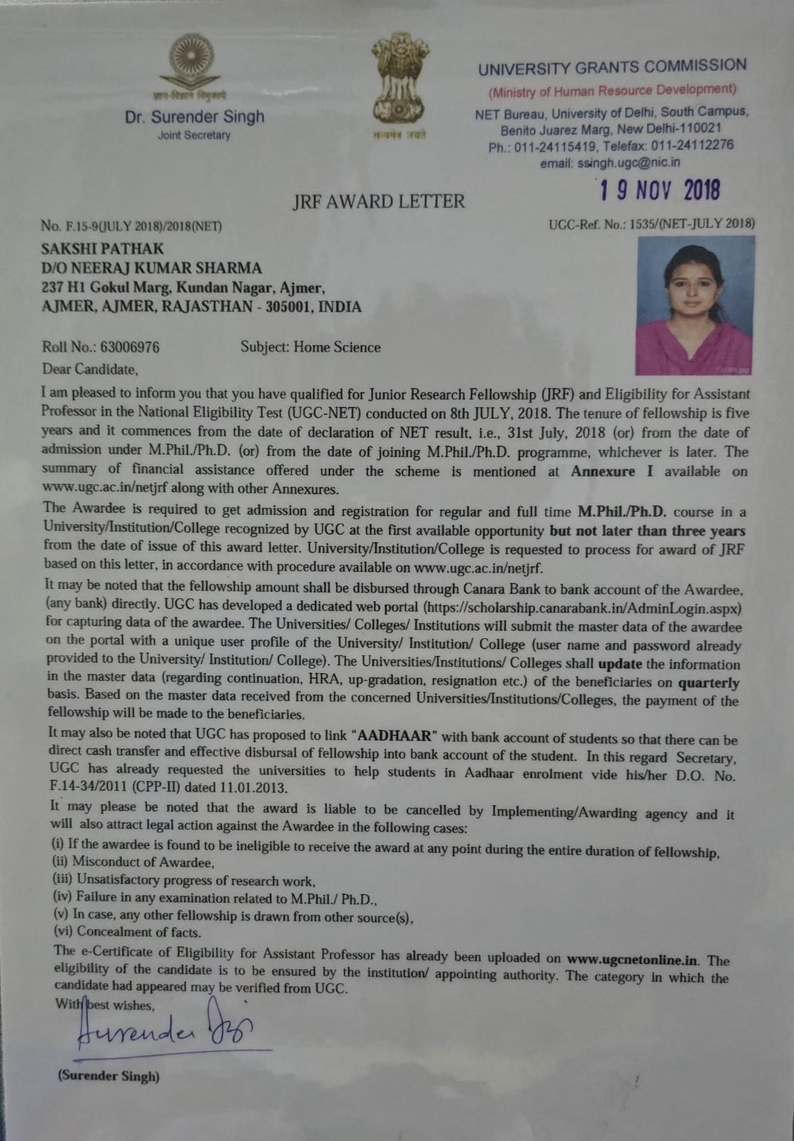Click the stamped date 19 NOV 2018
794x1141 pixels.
659,190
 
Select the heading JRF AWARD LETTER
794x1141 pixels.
378,202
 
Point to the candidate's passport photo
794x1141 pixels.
696,305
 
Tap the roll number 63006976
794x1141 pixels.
130,347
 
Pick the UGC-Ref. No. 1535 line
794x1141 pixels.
651,223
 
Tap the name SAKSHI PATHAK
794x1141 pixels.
103,249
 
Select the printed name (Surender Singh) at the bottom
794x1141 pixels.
108,1076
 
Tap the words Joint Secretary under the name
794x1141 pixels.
194,135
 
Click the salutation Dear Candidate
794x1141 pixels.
90,369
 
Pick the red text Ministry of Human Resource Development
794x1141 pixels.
612,91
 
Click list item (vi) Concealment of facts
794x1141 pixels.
128,931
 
